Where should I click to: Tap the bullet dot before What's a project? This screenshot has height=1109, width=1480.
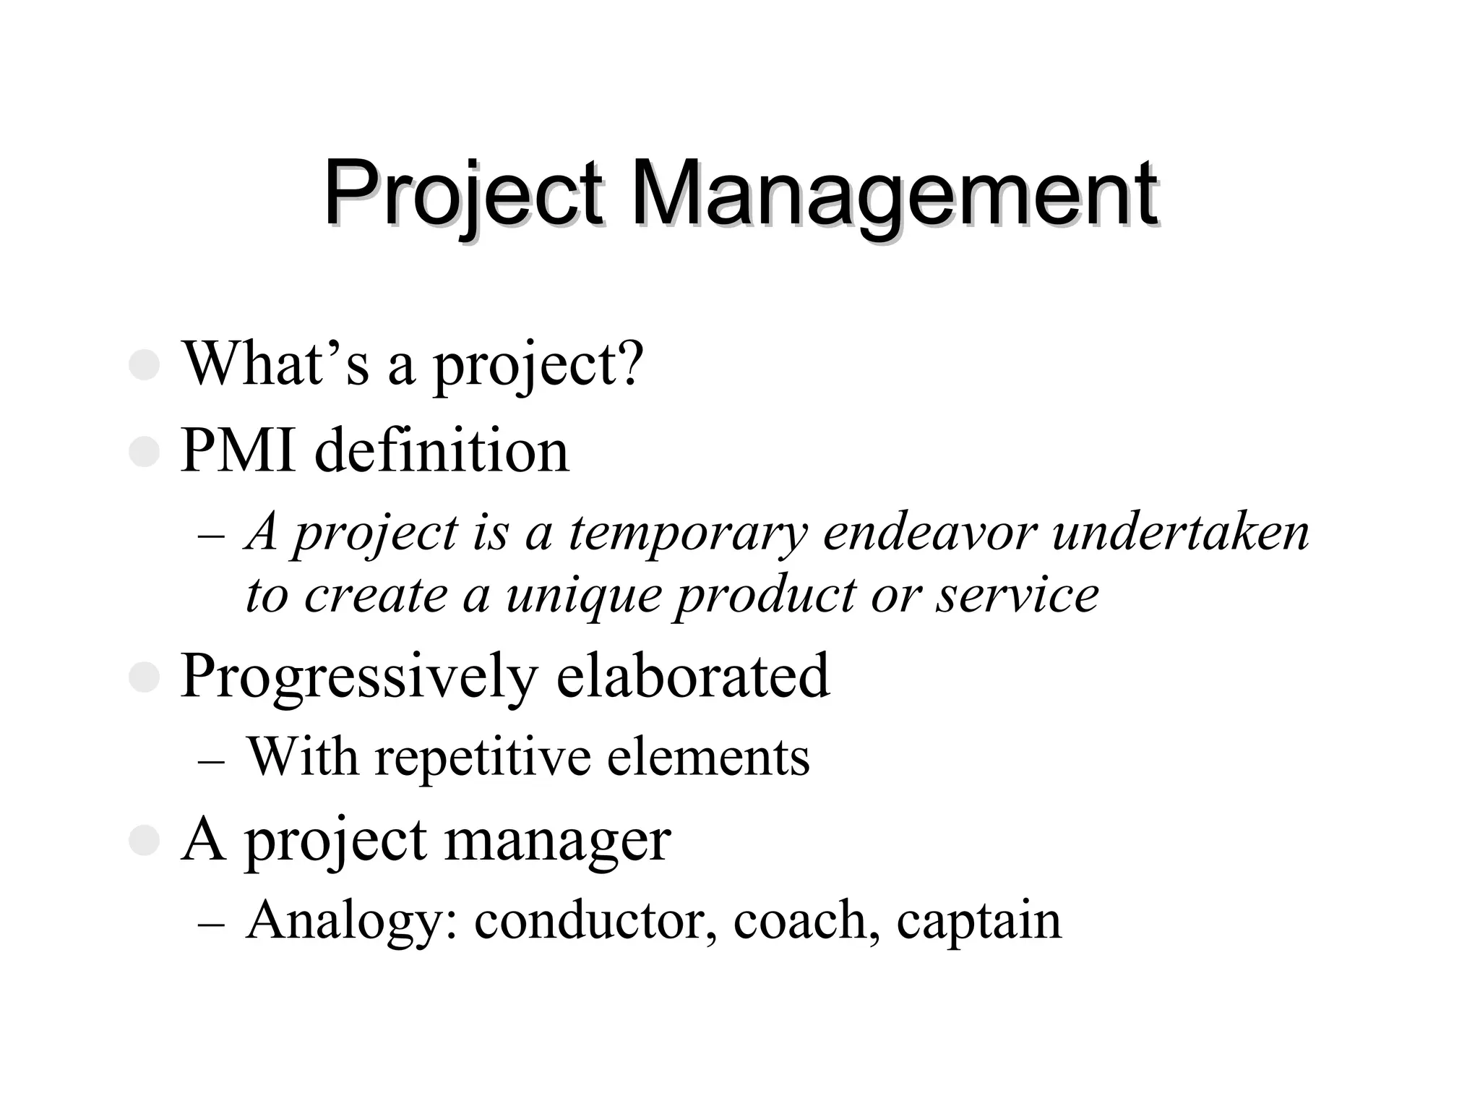[144, 365]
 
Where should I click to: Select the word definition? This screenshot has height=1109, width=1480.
[442, 451]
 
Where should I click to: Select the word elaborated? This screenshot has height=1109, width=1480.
[693, 677]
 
